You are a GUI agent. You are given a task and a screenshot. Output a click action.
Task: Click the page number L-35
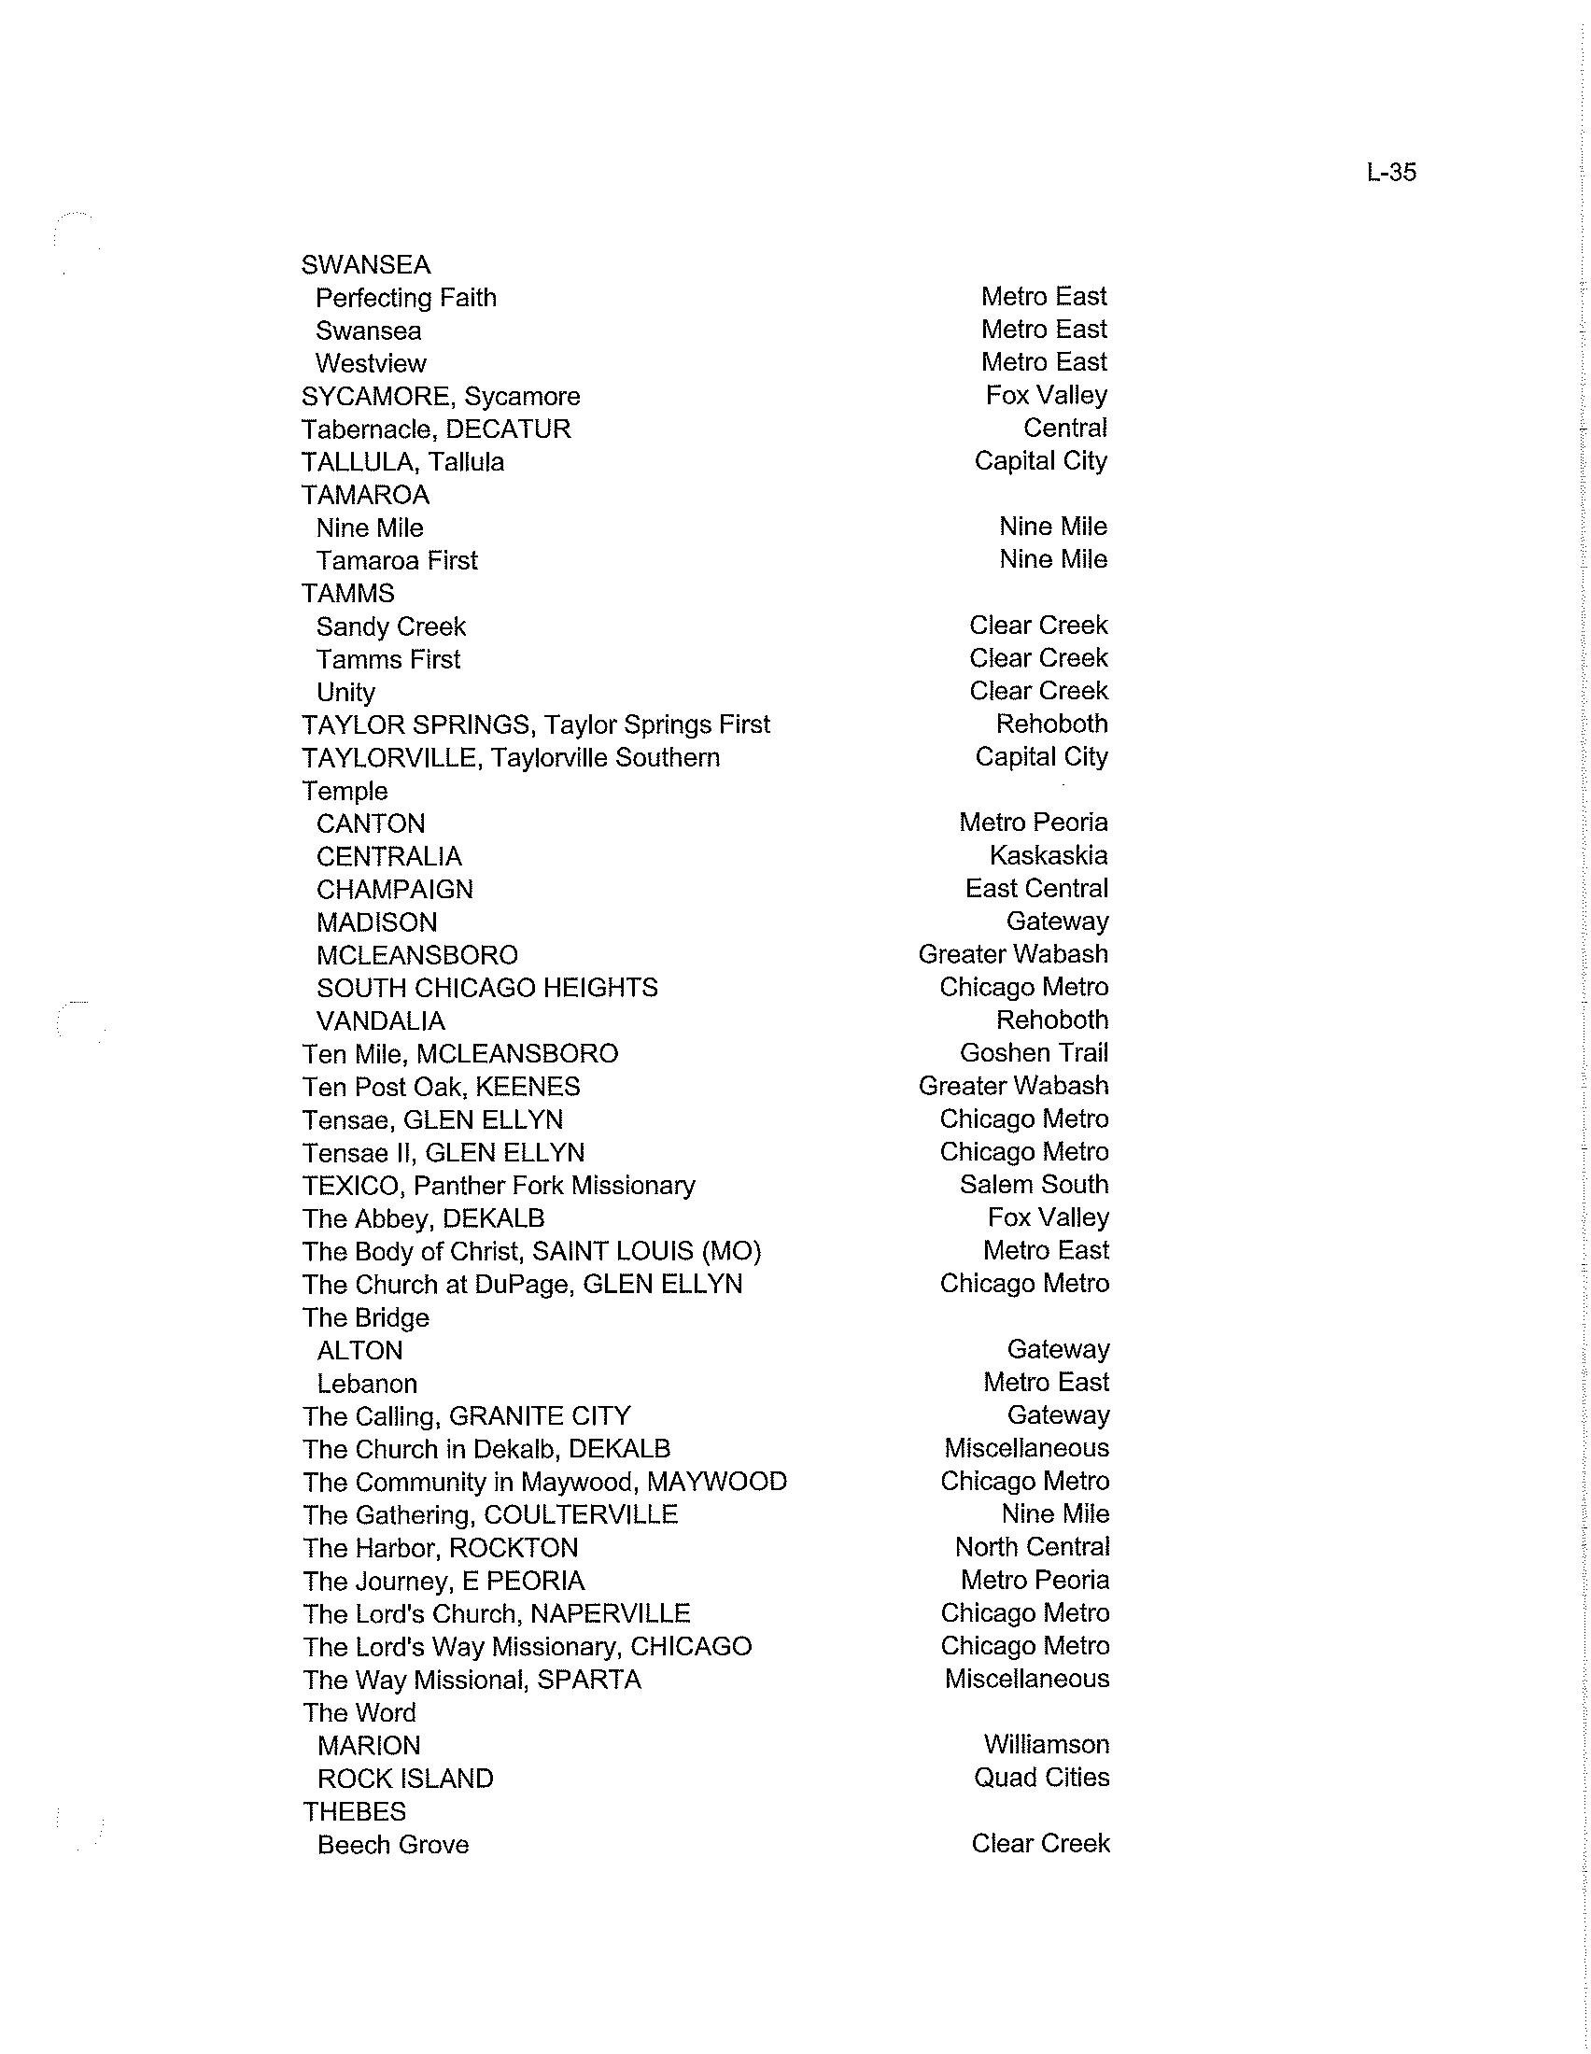pyautogui.click(x=1390, y=173)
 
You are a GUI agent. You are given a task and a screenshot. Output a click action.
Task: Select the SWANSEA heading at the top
pyautogui.click(x=366, y=265)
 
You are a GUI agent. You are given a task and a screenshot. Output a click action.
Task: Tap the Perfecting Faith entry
pyautogui.click(x=405, y=298)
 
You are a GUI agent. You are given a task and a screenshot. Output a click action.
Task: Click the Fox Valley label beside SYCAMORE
pyautogui.click(x=1046, y=395)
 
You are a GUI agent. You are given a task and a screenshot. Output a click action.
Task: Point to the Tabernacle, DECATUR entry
pyautogui.click(x=435, y=429)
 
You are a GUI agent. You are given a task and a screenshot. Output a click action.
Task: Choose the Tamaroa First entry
pyautogui.click(x=396, y=561)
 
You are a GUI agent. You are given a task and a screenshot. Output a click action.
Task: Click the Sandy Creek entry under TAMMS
pyautogui.click(x=390, y=627)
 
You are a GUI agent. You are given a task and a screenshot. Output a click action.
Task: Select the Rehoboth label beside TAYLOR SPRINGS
pyautogui.click(x=1051, y=725)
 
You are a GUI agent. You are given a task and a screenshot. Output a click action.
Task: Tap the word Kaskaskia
pyautogui.click(x=1048, y=856)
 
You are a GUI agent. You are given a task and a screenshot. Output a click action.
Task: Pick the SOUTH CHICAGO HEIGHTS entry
pyautogui.click(x=486, y=989)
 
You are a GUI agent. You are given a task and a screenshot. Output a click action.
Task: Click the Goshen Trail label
pyautogui.click(x=1034, y=1053)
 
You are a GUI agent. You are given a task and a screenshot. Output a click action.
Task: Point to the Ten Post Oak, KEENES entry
pyautogui.click(x=441, y=1087)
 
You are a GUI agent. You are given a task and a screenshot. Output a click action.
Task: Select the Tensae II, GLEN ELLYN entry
pyautogui.click(x=443, y=1153)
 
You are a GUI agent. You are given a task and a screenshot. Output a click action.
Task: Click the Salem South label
pyautogui.click(x=1034, y=1185)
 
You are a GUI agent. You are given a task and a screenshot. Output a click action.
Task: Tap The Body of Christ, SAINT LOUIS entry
pyautogui.click(x=531, y=1252)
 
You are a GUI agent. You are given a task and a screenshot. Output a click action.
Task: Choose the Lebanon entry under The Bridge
pyautogui.click(x=367, y=1385)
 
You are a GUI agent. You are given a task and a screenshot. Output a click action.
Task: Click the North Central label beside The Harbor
pyautogui.click(x=1032, y=1547)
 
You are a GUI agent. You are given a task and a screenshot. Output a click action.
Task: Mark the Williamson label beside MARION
pyautogui.click(x=1046, y=1745)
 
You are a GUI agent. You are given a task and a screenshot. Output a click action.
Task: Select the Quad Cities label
pyautogui.click(x=1041, y=1778)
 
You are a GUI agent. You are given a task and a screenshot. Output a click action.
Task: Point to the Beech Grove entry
pyautogui.click(x=392, y=1845)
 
